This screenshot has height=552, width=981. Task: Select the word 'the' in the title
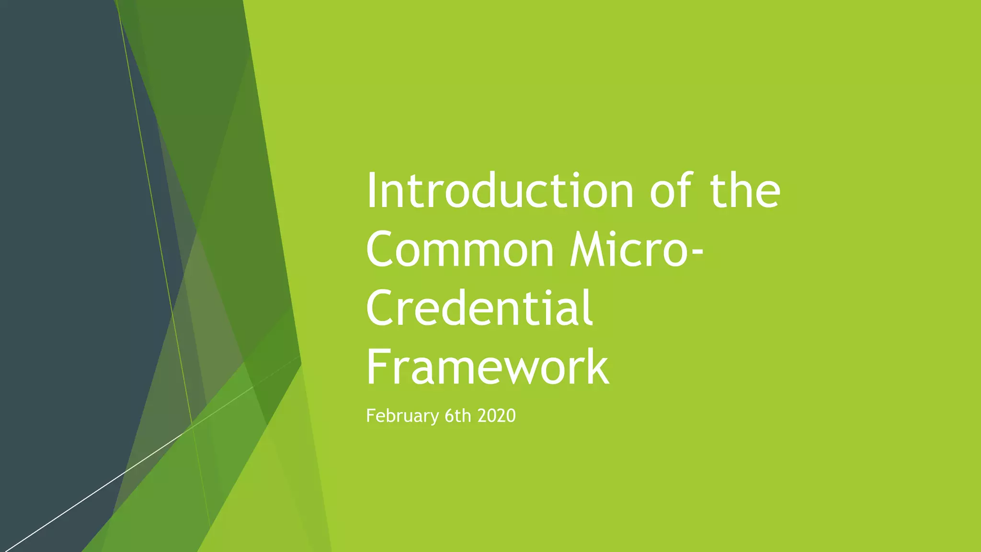click(x=745, y=191)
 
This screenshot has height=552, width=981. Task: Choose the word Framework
click(x=488, y=368)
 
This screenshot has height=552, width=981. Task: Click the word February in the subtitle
click(x=402, y=416)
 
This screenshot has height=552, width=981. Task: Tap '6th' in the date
click(x=458, y=416)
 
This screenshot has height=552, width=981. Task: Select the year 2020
click(x=496, y=416)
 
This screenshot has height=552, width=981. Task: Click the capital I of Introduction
click(x=371, y=191)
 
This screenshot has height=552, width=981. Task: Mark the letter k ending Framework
click(x=597, y=368)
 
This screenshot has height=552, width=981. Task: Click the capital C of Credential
click(x=381, y=309)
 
